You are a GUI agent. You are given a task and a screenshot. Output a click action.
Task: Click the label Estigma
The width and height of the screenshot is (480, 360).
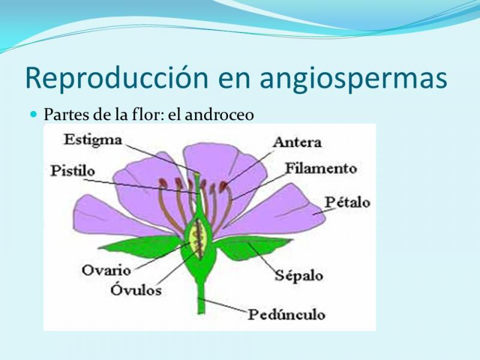click(93, 140)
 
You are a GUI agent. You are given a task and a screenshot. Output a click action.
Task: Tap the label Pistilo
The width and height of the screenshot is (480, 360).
click(73, 171)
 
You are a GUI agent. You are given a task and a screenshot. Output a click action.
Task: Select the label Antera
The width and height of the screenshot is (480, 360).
click(297, 142)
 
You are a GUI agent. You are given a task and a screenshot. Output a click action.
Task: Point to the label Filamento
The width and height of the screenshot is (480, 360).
click(321, 169)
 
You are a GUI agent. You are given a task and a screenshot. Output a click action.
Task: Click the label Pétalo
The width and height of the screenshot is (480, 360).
click(347, 202)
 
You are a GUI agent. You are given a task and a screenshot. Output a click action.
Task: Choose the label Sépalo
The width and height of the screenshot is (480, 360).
click(299, 275)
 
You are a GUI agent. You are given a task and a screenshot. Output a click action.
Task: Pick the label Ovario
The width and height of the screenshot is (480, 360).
click(106, 271)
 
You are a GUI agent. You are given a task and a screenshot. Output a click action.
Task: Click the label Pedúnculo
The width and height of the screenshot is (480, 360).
click(286, 314)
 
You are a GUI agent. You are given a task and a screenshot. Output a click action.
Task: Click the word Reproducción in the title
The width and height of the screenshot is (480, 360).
click(117, 77)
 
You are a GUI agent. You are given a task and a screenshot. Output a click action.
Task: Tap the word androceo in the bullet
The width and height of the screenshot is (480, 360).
click(220, 115)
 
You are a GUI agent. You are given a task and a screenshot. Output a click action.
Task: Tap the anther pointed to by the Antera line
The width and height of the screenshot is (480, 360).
click(223, 185)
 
